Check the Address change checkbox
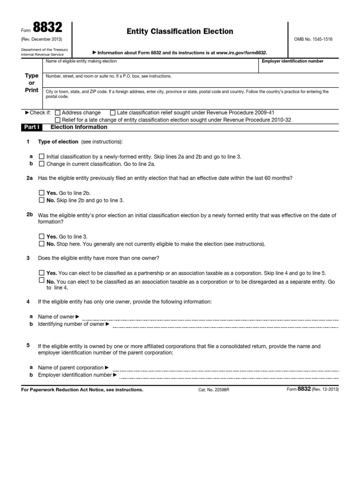coord(57,113)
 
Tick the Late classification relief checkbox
coord(112,113)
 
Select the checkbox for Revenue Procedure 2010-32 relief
coord(57,120)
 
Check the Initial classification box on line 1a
coord(42,157)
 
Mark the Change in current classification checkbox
coord(42,164)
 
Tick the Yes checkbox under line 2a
coord(42,193)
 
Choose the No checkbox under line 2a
coord(42,200)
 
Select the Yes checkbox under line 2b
coord(42,237)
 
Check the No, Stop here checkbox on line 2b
coord(42,244)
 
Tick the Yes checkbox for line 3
coord(42,273)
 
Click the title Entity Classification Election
coord(180,31)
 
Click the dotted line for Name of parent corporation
coord(225,368)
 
